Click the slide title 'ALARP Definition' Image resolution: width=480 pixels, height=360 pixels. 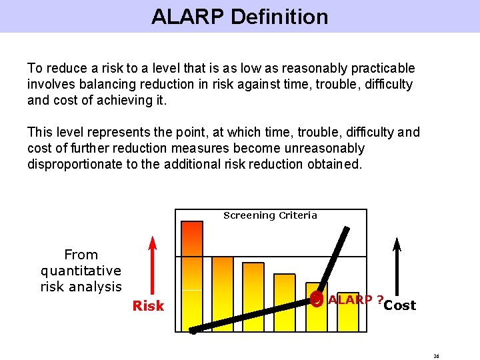coord(239,17)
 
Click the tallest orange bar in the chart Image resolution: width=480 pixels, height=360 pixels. coord(192,273)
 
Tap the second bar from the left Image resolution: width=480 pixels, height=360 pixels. coord(223,293)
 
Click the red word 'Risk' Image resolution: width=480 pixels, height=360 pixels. coord(148,306)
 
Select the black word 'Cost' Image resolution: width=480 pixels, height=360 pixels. coord(400,305)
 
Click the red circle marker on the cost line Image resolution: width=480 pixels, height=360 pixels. coord(317,299)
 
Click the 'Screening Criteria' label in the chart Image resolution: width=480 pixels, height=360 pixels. coord(270,215)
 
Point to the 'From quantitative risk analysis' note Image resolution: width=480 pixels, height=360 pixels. coord(81,271)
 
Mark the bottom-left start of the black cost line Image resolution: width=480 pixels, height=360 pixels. coord(193,330)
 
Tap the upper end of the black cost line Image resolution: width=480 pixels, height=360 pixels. coord(346,231)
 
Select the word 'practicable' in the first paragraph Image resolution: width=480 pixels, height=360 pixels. coord(383,69)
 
